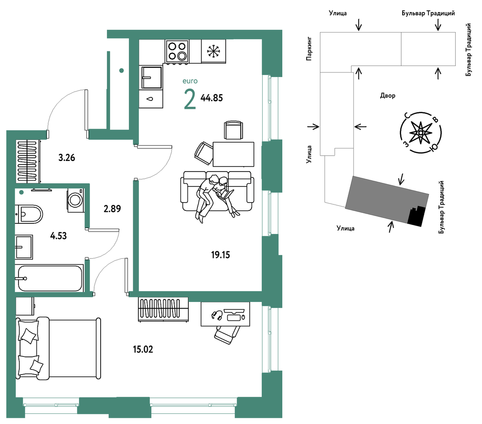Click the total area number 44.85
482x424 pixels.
pos(212,98)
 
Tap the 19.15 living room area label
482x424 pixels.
pos(221,255)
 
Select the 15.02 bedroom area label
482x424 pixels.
pos(143,349)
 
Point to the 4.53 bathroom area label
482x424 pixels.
pos(58,236)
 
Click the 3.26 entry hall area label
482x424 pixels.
pos(66,157)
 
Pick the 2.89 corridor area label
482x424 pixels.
pos(112,209)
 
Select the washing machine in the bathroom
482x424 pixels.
pos(75,200)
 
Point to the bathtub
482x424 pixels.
pos(50,278)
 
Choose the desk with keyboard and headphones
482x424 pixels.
pos(225,314)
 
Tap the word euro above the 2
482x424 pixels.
pos(190,81)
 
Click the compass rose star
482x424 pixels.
pos(421,133)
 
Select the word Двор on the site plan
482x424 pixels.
pos(388,95)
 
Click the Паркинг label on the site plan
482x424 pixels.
pos(309,49)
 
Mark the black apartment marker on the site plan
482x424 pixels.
pos(416,216)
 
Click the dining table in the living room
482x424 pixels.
pos(233,154)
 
